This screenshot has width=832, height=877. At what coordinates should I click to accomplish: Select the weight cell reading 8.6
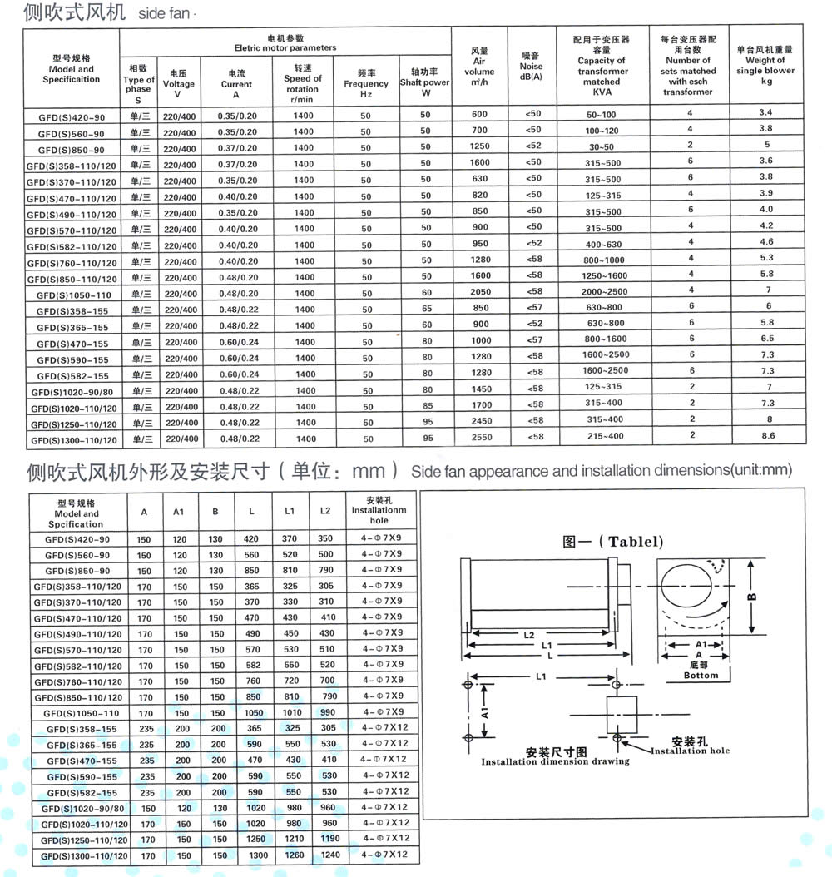point(768,435)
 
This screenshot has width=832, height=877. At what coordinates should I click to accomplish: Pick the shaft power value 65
point(426,309)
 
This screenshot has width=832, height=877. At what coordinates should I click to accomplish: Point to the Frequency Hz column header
point(366,84)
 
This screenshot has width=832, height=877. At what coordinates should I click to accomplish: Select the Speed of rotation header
point(302,83)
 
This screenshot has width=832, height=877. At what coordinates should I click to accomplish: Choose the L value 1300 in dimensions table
point(258,855)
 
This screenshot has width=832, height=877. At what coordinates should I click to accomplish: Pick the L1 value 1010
point(290,713)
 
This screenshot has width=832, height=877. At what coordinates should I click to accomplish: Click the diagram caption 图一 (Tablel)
point(612,542)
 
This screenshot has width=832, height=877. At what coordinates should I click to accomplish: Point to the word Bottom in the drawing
point(701,675)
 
